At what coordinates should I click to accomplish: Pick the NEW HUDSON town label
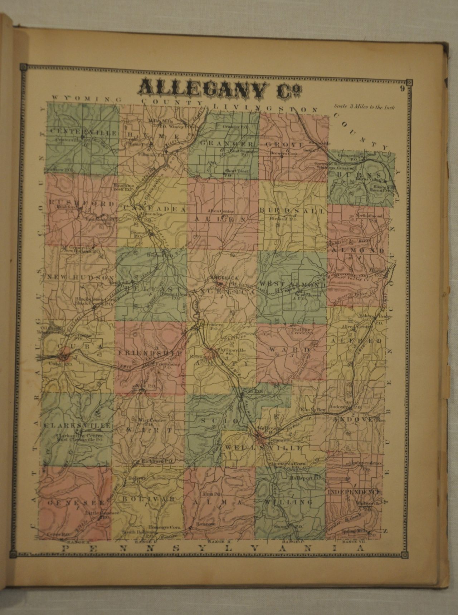[80, 277]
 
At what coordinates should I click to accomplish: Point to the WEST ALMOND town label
[296, 285]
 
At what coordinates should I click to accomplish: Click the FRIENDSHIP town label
[150, 353]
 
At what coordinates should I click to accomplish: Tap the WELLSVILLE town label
[263, 448]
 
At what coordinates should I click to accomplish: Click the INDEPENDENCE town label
[354, 492]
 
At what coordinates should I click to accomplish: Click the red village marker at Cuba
[64, 356]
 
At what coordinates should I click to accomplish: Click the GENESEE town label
[75, 503]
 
